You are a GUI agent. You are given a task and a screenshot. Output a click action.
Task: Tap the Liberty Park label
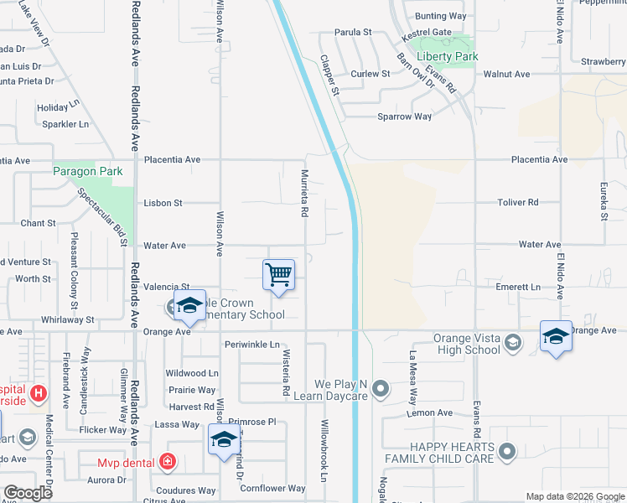[448, 57]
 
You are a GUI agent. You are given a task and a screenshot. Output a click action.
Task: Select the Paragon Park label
[88, 172]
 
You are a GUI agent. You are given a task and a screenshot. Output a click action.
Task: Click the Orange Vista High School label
[466, 344]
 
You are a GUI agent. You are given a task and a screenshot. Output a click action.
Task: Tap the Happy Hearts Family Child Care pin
[505, 453]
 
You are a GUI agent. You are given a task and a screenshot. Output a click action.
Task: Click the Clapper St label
[329, 75]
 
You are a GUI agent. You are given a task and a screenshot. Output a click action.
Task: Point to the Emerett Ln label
[518, 287]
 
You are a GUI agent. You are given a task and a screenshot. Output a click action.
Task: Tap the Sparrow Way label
[404, 117]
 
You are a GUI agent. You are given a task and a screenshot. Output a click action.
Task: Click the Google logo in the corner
[28, 493]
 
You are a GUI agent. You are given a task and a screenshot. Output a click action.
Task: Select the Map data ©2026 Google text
[575, 496]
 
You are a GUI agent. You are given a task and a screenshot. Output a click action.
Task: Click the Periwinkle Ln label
[252, 345]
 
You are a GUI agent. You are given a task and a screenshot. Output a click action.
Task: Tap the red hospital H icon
[37, 392]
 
